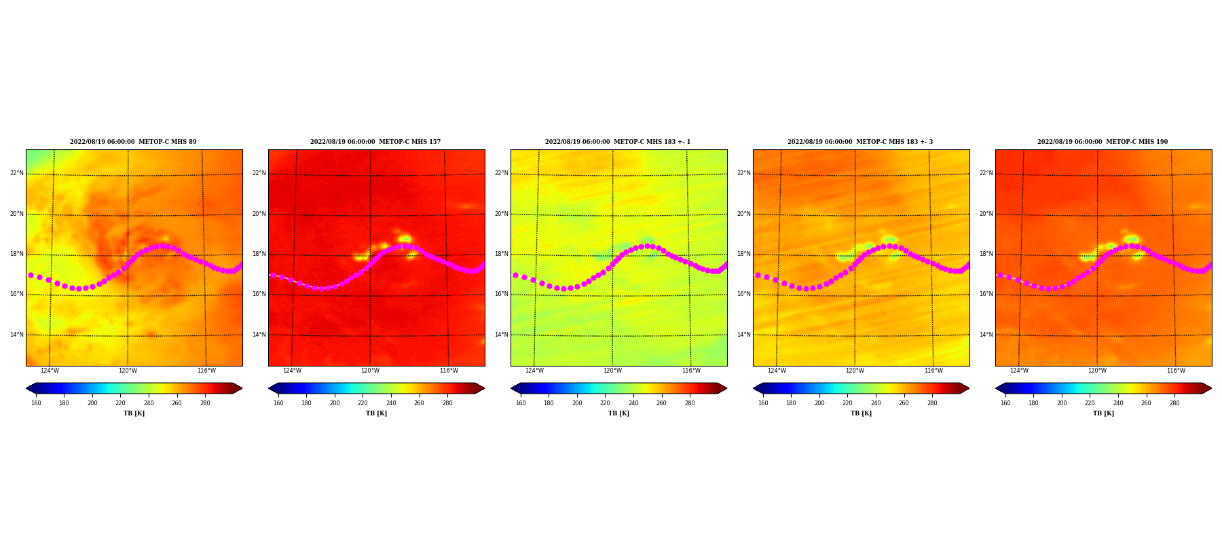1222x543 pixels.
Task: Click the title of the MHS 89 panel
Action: point(133,142)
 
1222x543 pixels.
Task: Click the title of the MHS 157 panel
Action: point(375,142)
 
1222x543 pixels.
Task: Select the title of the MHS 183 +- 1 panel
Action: point(618,142)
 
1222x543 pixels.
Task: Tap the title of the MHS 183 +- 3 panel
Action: point(860,142)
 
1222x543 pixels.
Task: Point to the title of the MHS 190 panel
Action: point(1103,142)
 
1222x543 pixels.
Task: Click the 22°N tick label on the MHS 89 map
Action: point(16,173)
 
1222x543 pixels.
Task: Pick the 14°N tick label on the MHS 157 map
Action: point(259,335)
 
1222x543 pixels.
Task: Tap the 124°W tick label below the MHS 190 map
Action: point(1019,371)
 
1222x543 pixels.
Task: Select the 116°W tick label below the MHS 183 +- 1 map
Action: point(691,371)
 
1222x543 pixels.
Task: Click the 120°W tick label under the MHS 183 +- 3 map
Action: point(855,371)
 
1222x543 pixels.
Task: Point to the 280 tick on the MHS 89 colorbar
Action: point(205,403)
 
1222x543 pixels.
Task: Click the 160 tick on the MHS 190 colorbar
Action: point(1005,403)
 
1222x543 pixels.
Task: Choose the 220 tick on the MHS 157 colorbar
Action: point(363,403)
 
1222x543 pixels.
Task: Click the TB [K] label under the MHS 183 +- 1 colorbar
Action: point(618,413)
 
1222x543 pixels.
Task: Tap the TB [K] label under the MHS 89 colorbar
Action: point(134,413)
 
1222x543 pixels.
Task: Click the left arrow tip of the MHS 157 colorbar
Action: point(269,388)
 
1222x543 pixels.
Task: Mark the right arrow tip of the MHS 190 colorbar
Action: point(1212,388)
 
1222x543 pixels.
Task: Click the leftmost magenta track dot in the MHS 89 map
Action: point(31,275)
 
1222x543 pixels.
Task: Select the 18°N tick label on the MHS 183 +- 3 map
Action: point(743,254)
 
